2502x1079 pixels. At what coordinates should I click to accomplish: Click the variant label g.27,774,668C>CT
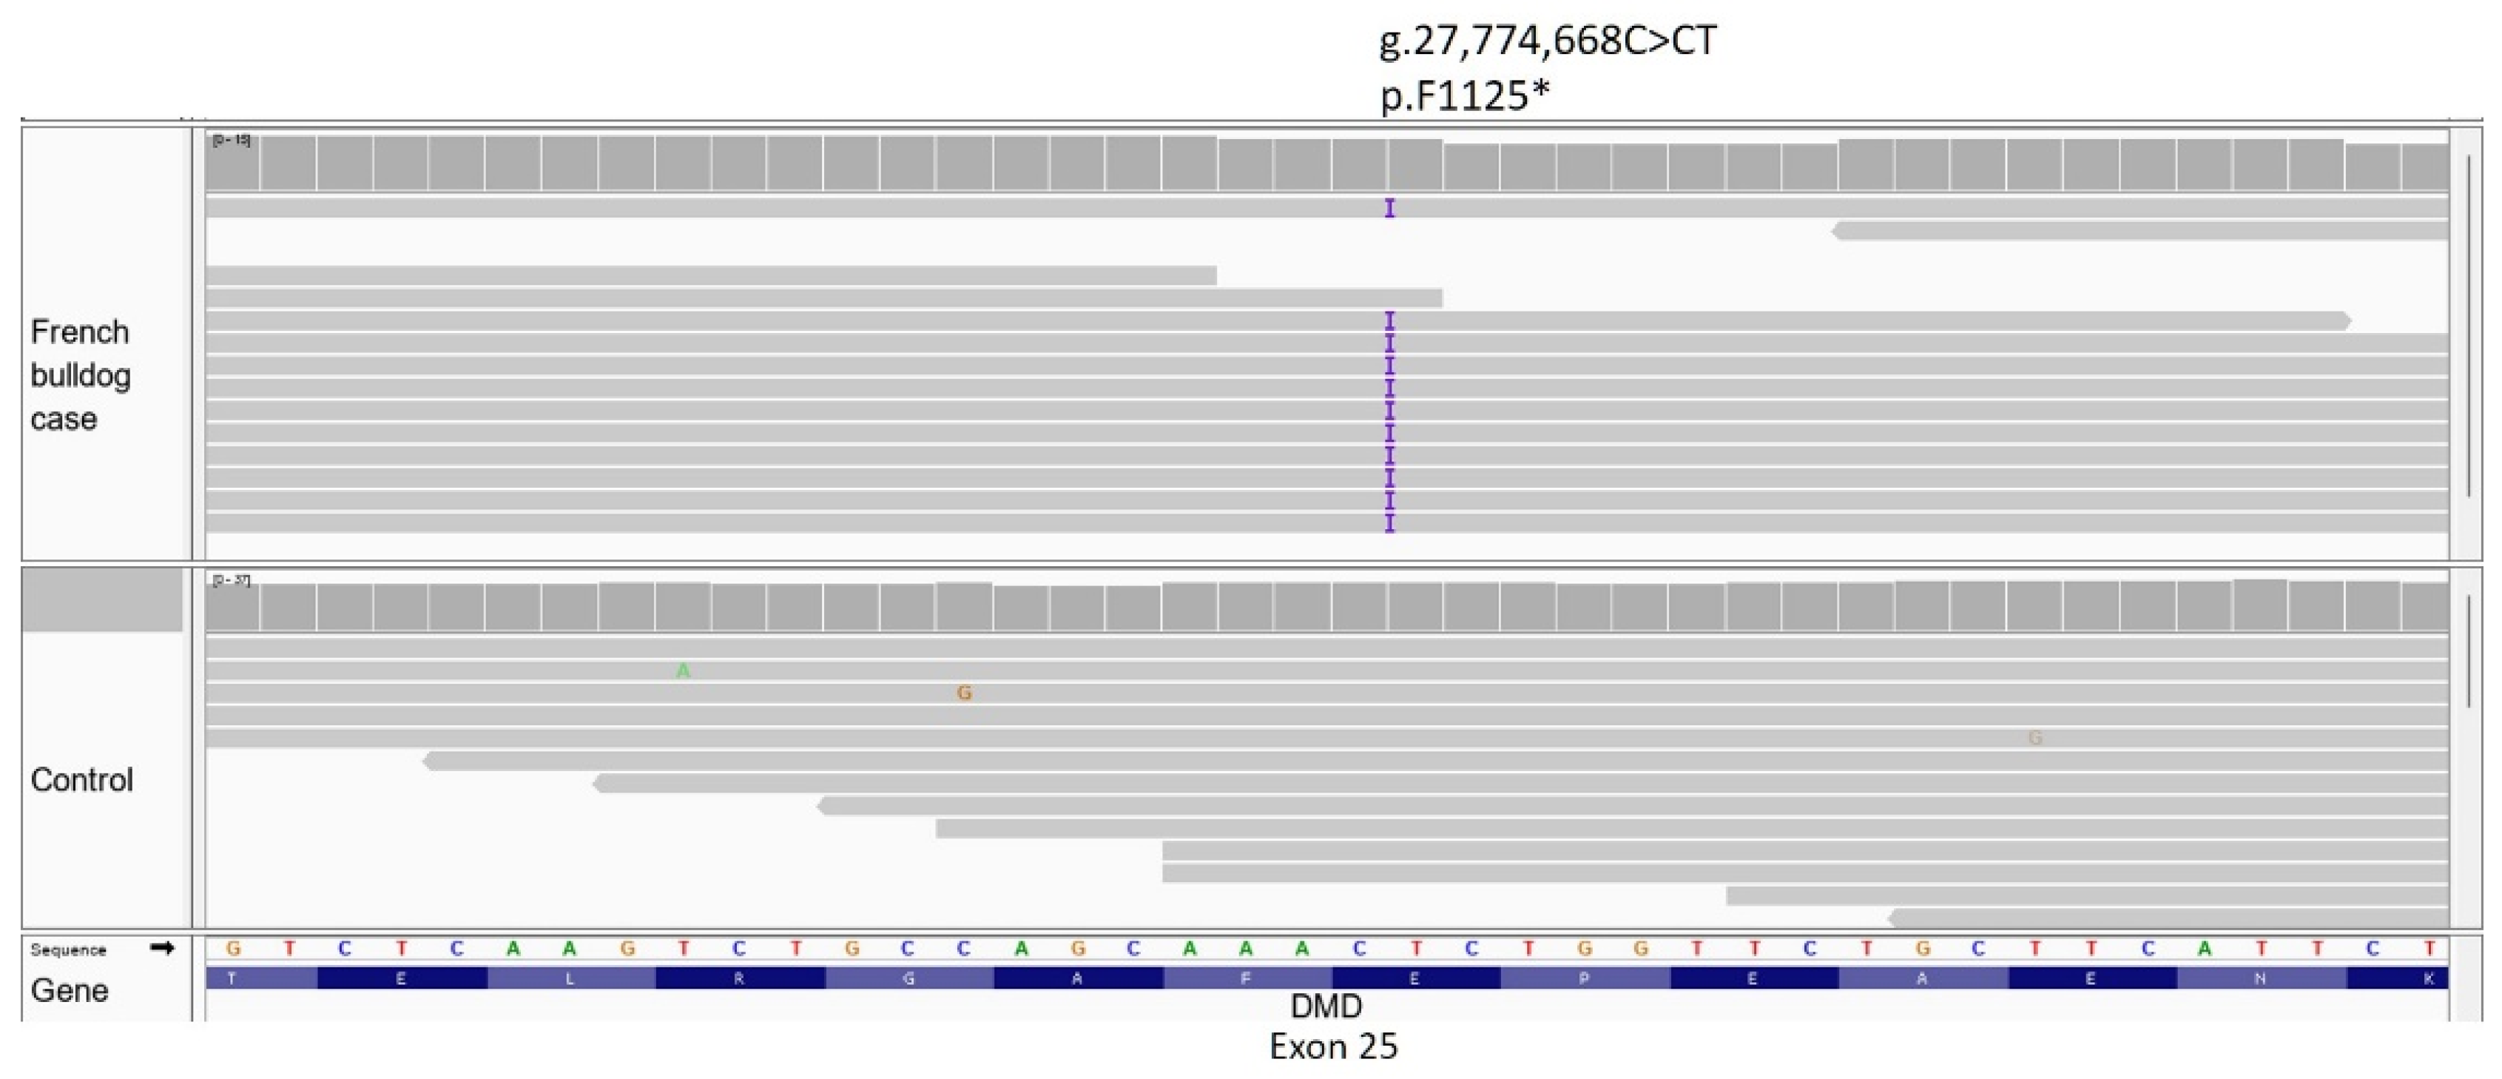(1547, 41)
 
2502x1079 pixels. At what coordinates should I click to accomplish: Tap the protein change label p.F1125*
(1464, 95)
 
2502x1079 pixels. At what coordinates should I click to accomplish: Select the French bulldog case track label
(80, 375)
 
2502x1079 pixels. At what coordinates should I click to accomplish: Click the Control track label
(81, 780)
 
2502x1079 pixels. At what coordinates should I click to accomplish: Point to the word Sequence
(68, 949)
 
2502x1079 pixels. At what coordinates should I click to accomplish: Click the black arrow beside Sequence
(162, 948)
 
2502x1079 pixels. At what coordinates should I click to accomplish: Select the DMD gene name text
(1326, 1006)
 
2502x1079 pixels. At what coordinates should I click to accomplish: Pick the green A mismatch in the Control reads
(683, 671)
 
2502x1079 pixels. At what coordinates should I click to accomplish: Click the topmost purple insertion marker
(1389, 208)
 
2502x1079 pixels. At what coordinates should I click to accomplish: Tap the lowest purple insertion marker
(1389, 523)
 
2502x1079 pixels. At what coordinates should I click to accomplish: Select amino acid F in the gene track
(1245, 979)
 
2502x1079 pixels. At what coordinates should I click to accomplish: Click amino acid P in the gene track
(1583, 979)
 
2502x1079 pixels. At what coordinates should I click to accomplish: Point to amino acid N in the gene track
(2260, 979)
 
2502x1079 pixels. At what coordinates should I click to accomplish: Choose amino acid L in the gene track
(570, 979)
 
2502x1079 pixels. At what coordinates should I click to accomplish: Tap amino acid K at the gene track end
(2428, 979)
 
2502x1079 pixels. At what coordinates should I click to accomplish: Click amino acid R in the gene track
(739, 979)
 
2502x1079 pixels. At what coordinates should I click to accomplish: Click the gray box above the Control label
(102, 600)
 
